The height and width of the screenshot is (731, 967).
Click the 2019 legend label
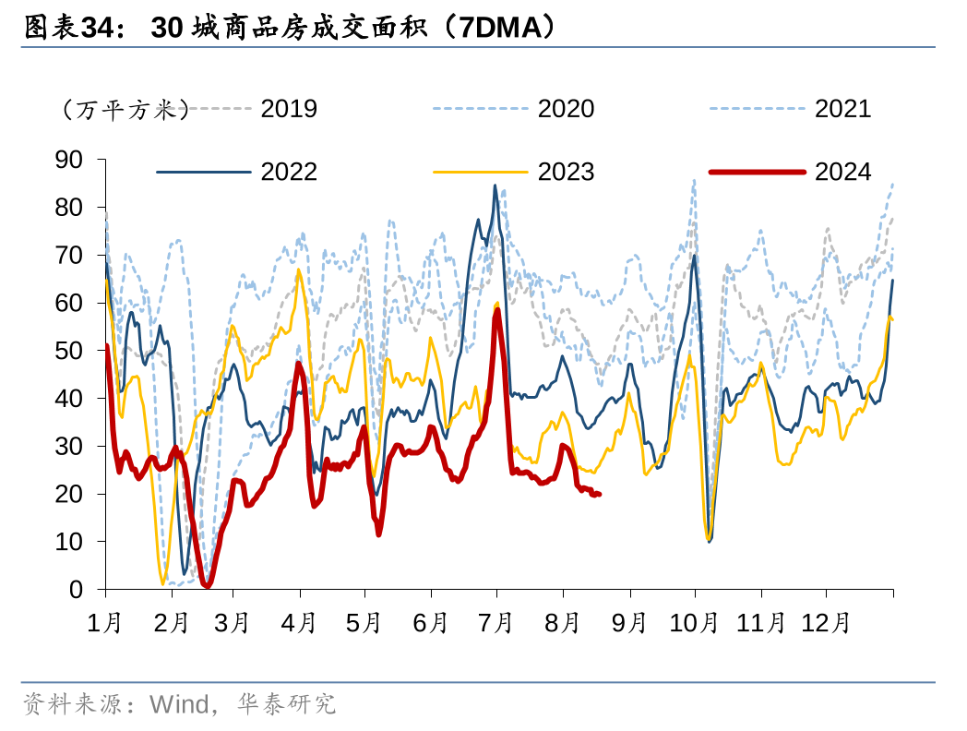[x=289, y=109]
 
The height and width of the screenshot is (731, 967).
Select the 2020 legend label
[x=566, y=109]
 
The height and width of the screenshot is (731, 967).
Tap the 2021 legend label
[x=842, y=109]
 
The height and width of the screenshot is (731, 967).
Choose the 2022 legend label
[x=289, y=172]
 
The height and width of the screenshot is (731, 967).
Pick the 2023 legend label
[x=566, y=172]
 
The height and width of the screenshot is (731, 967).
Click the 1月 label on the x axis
[x=105, y=623]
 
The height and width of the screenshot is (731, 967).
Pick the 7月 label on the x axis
[x=496, y=623]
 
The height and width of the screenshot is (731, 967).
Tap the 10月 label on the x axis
[x=693, y=623]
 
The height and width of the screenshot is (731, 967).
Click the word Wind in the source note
[x=179, y=705]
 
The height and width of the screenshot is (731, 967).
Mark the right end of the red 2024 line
[x=600, y=494]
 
